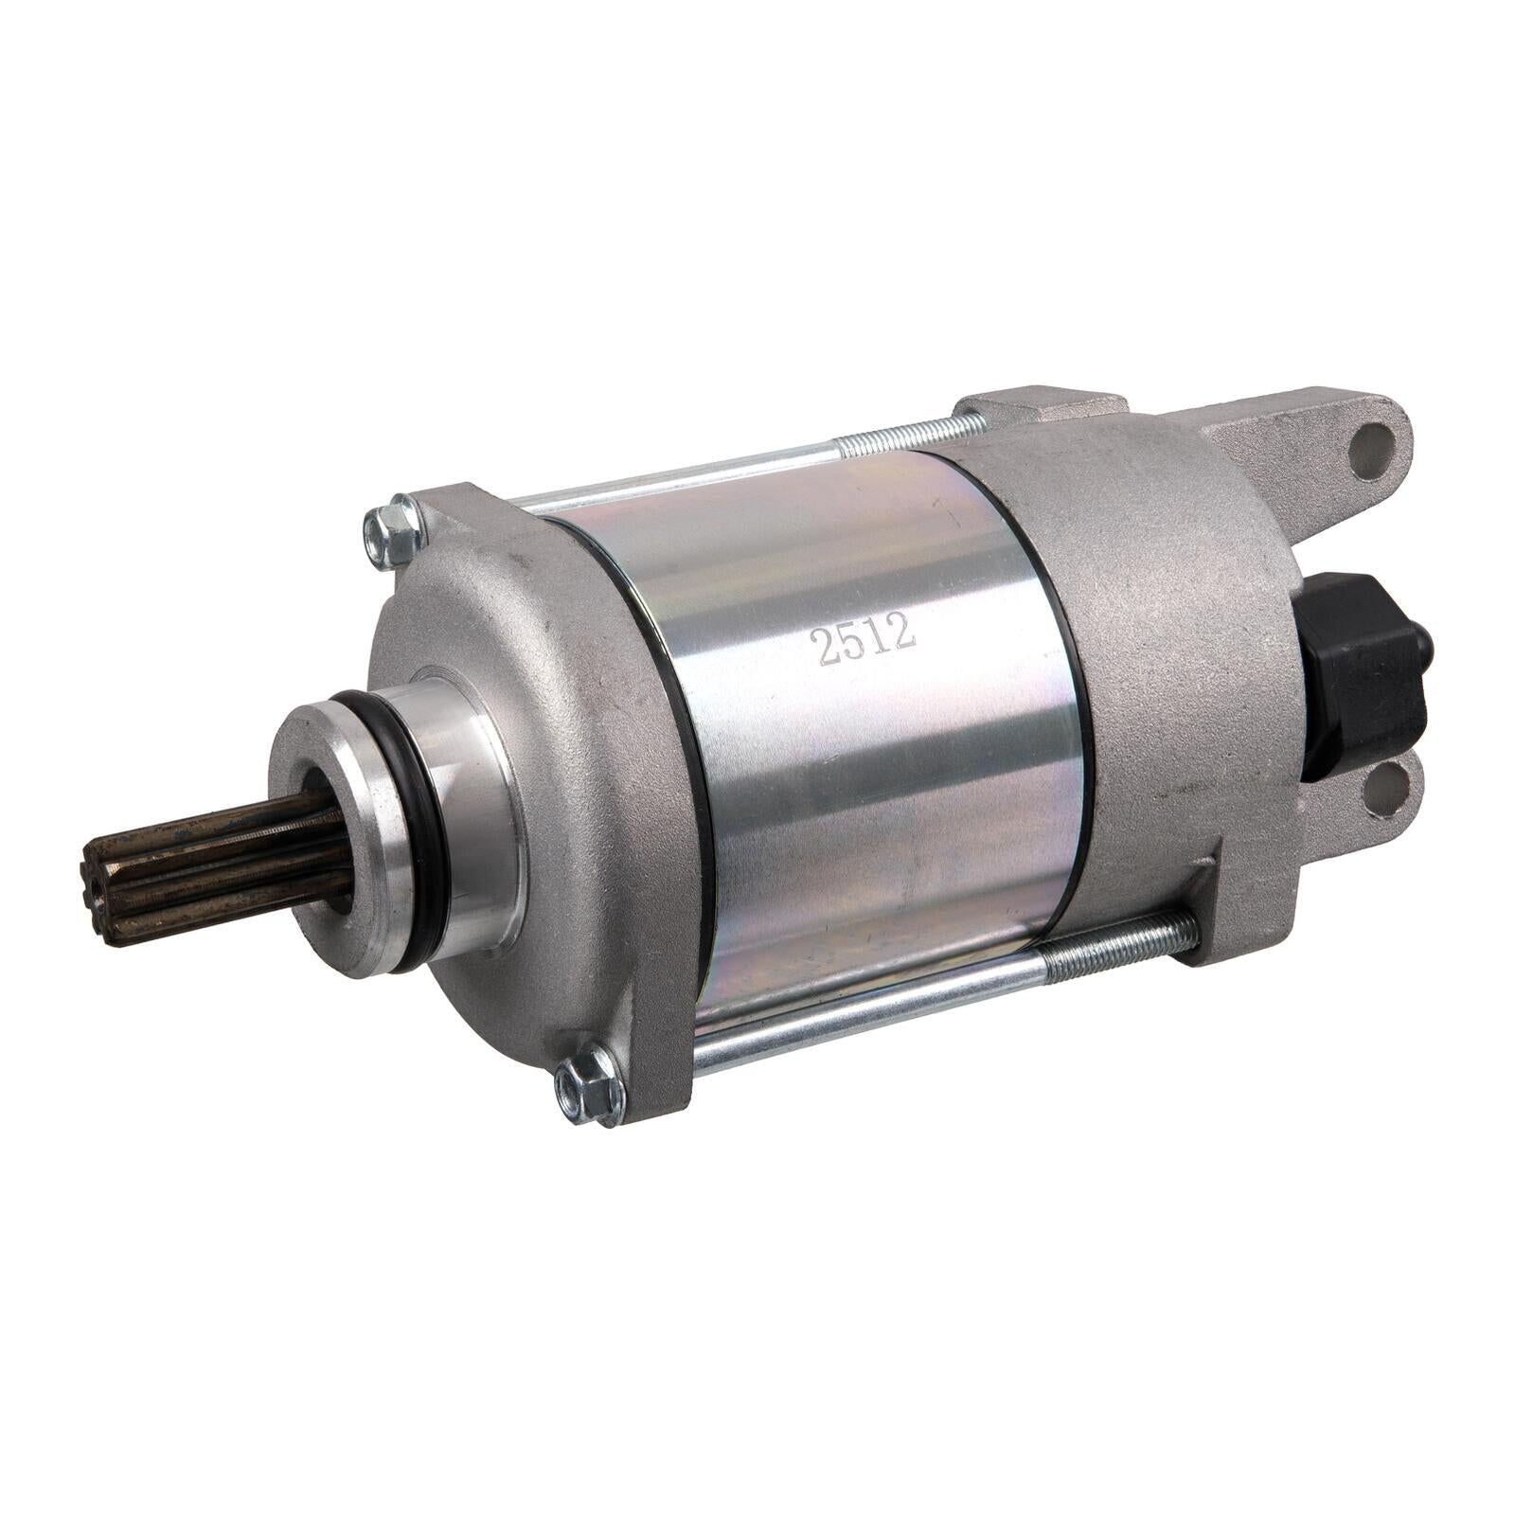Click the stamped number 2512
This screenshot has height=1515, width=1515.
pyautogui.click(x=863, y=641)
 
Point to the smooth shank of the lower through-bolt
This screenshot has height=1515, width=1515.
pyautogui.click(x=871, y=1008)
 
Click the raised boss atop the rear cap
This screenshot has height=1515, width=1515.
pyautogui.click(x=1042, y=407)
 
